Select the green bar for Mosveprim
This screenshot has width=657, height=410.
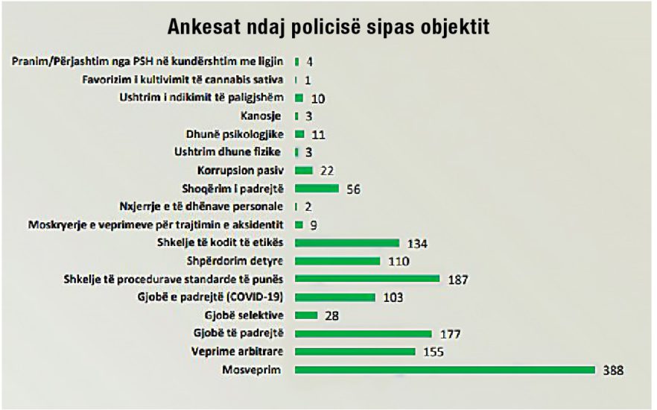coord(445,370)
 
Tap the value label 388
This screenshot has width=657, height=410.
coord(612,370)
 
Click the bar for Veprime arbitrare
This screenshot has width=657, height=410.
coord(355,351)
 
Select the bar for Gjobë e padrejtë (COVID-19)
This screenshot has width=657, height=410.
coord(335,297)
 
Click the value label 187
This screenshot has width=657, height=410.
coord(457,279)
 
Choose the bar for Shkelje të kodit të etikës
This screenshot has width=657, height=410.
coord(347,242)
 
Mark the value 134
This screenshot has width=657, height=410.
coord(417,243)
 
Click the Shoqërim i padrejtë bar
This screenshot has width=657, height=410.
coord(317,189)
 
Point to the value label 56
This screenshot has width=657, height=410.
coord(355,189)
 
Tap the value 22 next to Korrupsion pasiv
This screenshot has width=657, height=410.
coord(326,171)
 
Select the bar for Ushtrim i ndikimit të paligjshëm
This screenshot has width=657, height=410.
coord(299,98)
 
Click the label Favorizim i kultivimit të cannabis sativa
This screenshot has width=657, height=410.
coord(183,79)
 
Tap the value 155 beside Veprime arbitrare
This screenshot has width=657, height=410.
coord(433,351)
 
